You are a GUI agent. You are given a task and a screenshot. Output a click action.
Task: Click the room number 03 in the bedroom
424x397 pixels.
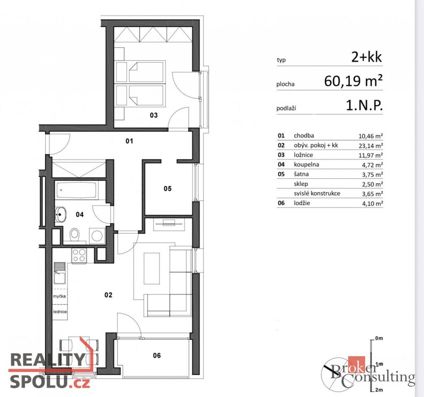154,115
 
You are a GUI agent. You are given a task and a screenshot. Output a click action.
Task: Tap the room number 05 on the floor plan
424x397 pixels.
168,189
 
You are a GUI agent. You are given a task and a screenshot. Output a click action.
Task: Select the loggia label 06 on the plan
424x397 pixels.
157,355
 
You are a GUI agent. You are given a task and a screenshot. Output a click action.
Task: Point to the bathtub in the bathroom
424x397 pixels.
76,190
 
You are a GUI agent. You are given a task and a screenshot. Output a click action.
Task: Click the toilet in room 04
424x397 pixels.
75,235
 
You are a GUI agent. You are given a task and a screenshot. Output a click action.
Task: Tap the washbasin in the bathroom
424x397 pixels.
60,214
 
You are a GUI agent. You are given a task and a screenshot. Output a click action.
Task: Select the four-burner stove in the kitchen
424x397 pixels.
79,255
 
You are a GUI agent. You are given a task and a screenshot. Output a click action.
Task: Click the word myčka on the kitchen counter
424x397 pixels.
60,296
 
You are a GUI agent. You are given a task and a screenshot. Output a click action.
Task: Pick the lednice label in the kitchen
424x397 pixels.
60,312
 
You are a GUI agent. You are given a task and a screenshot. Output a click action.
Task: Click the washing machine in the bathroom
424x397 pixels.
97,236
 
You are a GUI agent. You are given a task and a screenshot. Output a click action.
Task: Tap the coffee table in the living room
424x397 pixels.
152,268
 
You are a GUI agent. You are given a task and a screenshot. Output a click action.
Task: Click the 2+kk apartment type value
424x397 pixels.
366,57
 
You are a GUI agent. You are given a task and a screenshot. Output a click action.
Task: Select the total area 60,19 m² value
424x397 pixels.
354,81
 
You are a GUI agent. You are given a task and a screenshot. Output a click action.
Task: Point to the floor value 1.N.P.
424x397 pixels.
364,105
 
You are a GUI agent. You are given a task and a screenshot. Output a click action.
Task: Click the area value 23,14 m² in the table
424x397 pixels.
371,146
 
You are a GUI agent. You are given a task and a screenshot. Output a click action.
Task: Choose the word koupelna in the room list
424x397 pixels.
306,165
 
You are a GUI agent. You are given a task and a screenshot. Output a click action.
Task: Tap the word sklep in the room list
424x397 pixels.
301,184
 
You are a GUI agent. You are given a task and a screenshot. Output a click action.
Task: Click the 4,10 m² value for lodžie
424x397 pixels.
372,203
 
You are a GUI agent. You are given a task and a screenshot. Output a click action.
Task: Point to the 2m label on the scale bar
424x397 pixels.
379,390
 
